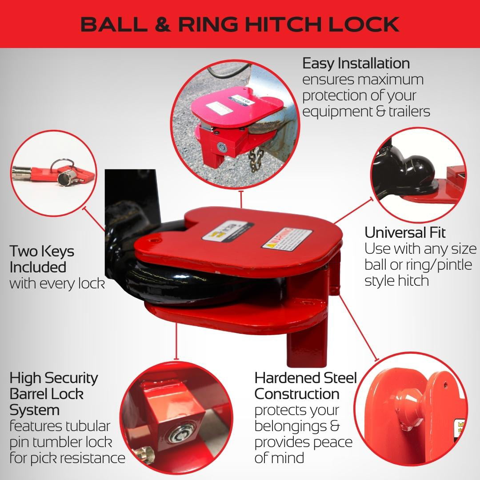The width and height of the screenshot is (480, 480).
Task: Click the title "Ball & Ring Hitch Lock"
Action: tap(240, 24)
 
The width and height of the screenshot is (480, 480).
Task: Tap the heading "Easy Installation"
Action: tap(356, 63)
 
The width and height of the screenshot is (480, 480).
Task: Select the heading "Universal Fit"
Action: tap(405, 232)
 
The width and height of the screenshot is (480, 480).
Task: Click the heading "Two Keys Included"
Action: tap(42, 259)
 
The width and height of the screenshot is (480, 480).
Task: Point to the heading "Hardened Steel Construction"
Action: tap(305, 386)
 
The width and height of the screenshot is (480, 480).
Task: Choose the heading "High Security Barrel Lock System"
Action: tap(54, 394)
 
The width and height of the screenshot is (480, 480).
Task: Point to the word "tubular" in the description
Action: tap(88, 426)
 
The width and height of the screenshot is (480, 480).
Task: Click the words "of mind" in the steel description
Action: tap(279, 458)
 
